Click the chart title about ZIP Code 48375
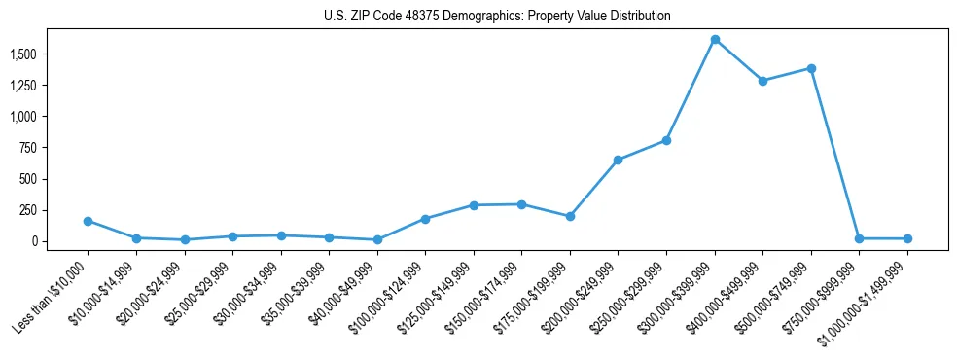point(497,16)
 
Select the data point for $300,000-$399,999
point(715,40)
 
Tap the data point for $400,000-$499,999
point(762,81)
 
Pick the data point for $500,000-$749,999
point(811,68)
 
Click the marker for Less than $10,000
point(88,221)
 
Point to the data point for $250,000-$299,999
point(666,140)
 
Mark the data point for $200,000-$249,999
point(618,160)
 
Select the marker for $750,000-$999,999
point(859,238)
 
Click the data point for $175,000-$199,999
point(570,216)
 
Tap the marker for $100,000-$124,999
point(425,219)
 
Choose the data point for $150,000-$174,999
point(521,204)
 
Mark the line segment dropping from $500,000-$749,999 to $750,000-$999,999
point(834,153)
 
